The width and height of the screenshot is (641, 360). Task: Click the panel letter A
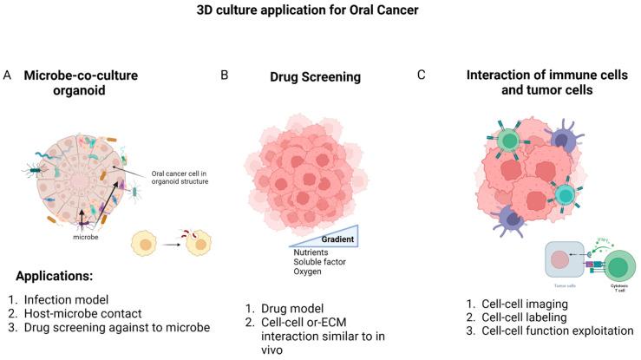point(8,75)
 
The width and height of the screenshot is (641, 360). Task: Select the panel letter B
point(225,75)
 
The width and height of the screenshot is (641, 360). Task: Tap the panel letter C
point(422,75)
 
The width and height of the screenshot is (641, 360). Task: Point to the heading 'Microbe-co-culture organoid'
point(93,83)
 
